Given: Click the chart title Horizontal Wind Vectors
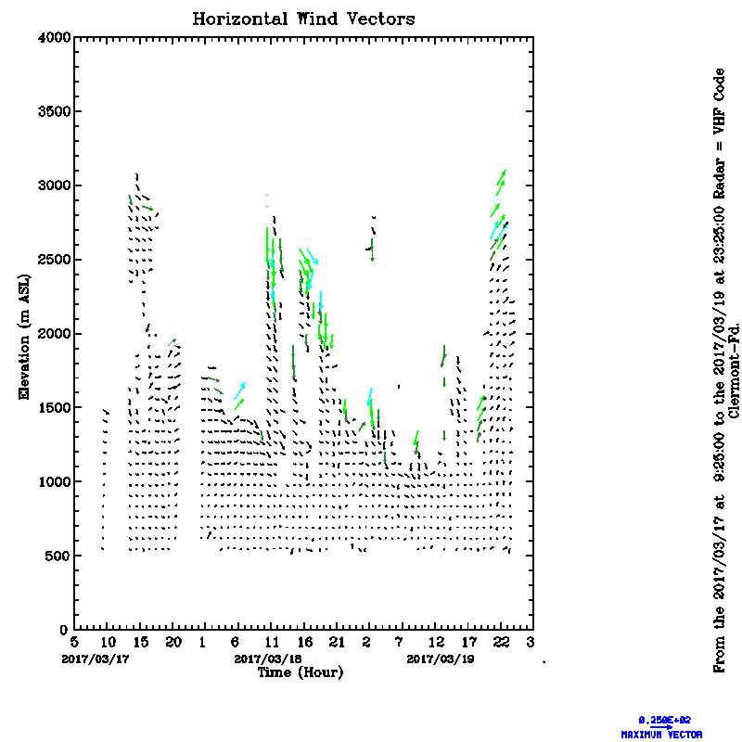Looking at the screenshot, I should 303,19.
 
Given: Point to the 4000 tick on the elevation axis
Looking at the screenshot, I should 54,37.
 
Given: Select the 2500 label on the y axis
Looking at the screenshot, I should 54,260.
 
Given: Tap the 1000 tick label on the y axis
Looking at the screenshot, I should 54,482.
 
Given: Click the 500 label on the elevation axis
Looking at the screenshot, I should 58,556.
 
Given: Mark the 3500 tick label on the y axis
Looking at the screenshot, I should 54,111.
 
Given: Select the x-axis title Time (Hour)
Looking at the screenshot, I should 300,672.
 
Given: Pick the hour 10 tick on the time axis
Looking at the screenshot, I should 107,642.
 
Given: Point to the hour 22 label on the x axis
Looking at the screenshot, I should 501,642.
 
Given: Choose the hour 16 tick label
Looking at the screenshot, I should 303,642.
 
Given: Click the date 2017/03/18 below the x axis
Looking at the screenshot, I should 268,659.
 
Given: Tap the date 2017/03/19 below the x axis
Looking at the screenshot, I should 440,659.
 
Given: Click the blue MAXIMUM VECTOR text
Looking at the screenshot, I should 661,735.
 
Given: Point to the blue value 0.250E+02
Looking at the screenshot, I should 665,720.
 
